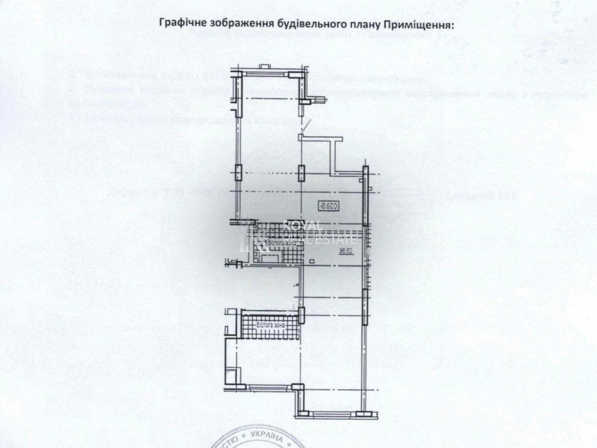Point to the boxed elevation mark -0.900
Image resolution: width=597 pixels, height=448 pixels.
(x=328, y=206)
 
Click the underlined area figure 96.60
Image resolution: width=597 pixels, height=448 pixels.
(x=345, y=251)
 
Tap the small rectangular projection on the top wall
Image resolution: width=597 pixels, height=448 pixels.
(x=265, y=66)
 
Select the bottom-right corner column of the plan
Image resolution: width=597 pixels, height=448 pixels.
(x=363, y=413)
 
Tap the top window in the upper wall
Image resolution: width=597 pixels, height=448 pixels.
(x=265, y=74)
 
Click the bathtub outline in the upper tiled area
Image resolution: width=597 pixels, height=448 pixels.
(x=269, y=258)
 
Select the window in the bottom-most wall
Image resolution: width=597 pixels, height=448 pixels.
(x=332, y=413)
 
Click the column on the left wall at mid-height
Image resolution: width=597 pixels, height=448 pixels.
(x=238, y=173)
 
